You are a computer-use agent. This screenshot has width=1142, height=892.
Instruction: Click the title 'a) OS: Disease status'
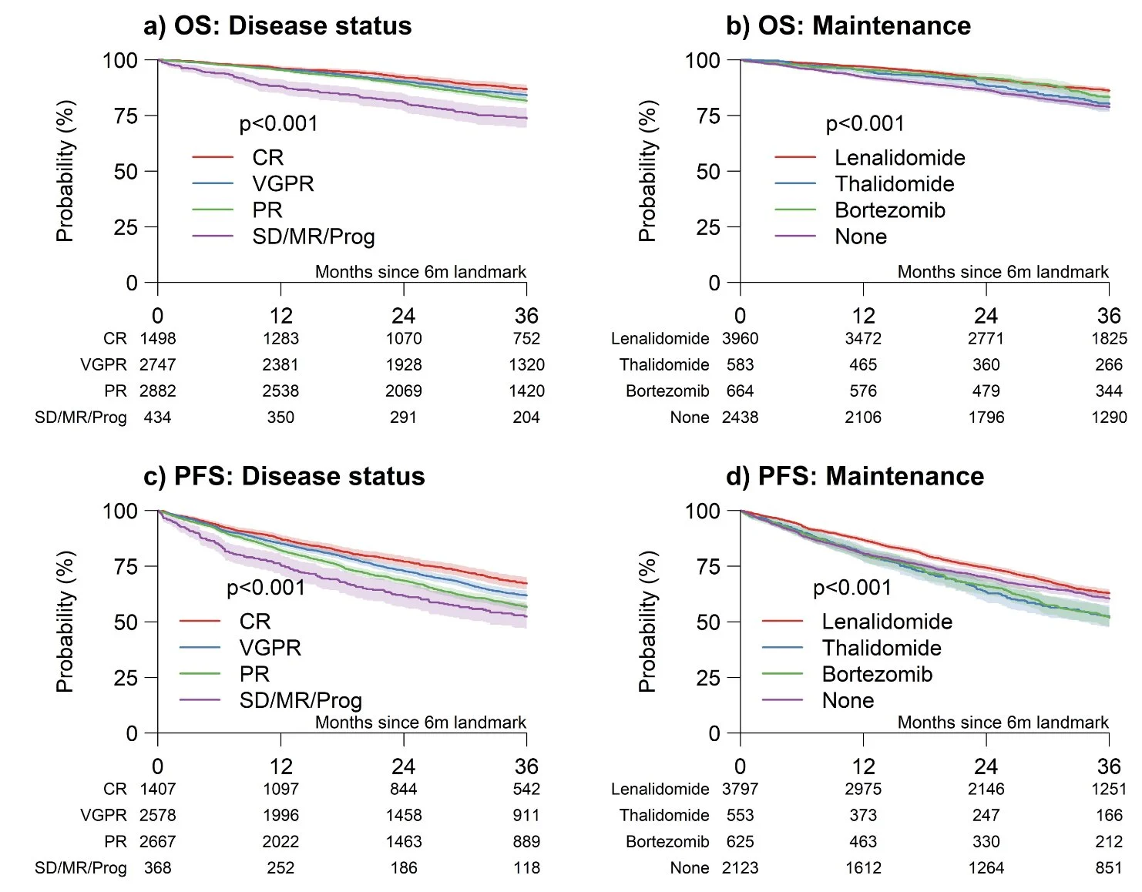pyautogui.click(x=277, y=25)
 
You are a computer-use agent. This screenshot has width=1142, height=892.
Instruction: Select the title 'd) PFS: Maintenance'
pyautogui.click(x=855, y=477)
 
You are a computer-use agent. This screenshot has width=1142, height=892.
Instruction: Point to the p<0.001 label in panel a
pyautogui.click(x=278, y=124)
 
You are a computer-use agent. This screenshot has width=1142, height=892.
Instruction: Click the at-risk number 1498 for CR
pyautogui.click(x=158, y=338)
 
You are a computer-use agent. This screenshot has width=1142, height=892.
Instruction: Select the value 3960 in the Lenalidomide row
pyautogui.click(x=740, y=338)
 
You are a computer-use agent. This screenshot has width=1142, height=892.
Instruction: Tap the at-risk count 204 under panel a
pyautogui.click(x=526, y=417)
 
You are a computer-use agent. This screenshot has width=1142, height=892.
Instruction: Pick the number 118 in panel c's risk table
pyautogui.click(x=526, y=868)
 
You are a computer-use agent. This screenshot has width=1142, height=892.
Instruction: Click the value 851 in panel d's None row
pyautogui.click(x=1109, y=868)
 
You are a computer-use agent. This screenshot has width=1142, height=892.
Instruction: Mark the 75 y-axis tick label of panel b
pyautogui.click(x=708, y=116)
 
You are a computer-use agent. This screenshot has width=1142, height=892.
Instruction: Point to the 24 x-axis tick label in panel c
pyautogui.click(x=404, y=766)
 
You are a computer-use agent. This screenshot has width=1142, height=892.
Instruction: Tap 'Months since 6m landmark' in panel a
pyautogui.click(x=421, y=272)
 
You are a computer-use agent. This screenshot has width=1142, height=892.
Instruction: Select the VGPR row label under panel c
pyautogui.click(x=103, y=815)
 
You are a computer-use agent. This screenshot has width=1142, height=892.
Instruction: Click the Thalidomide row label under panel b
pyautogui.click(x=664, y=364)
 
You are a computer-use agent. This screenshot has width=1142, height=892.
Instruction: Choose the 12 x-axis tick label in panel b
pyautogui.click(x=863, y=316)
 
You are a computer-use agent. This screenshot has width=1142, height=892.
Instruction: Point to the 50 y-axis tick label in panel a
pyautogui.click(x=126, y=171)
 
